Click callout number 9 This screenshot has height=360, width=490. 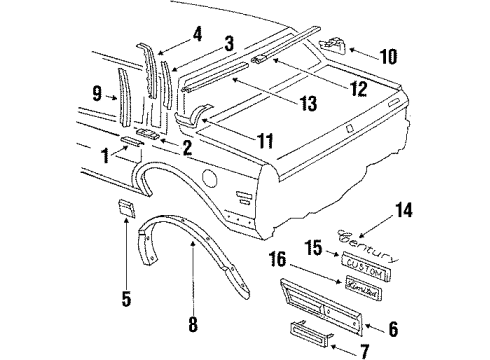96,95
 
